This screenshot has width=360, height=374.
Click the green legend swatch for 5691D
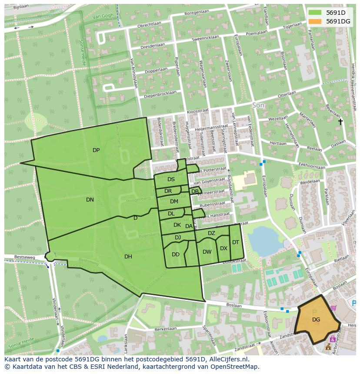pyautogui.click(x=316, y=13)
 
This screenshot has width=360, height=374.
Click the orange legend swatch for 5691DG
pyautogui.click(x=316, y=21)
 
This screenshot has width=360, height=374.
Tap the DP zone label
pyautogui.click(x=96, y=150)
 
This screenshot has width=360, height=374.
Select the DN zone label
pyautogui.click(x=90, y=200)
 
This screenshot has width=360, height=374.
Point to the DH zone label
pyautogui.click(x=128, y=257)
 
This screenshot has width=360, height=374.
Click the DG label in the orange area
pyautogui.click(x=316, y=320)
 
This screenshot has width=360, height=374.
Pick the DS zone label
pyautogui.click(x=171, y=179)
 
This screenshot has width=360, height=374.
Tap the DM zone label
pyautogui.click(x=174, y=202)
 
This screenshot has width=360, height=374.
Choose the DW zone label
pyautogui.click(x=207, y=252)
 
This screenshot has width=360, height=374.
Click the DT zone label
pyautogui.click(x=236, y=242)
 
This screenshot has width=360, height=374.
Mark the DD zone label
pyautogui.click(x=176, y=255)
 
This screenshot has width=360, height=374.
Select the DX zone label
pyautogui.click(x=223, y=248)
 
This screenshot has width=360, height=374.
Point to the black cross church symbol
pyautogui.click(x=340, y=122)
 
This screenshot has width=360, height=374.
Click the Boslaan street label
pyautogui.click(x=234, y=305)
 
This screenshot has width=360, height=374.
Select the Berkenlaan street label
pyautogui.click(x=165, y=330)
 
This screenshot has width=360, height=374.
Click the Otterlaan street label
pyautogui.click(x=287, y=94)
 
